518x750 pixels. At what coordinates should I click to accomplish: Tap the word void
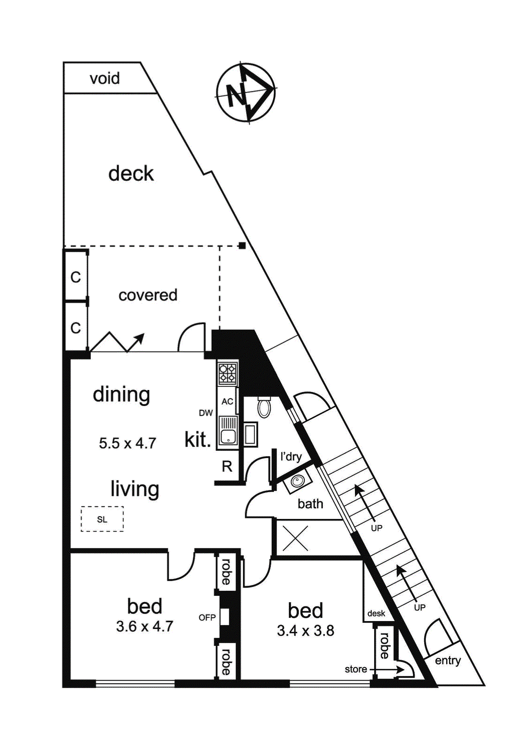point(105,78)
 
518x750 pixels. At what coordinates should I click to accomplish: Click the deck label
point(131,173)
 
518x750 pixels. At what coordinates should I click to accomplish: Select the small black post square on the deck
point(242,245)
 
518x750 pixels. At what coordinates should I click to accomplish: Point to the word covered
point(148,295)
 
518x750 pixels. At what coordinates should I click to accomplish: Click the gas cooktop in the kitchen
point(227,374)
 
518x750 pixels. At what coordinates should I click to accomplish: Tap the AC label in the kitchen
point(227,402)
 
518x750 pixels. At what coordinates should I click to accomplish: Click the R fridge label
point(227,466)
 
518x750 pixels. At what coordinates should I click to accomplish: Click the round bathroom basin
point(298,481)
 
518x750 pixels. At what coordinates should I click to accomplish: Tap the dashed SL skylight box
point(102,519)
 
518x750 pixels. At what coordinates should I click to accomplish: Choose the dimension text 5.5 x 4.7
point(127,443)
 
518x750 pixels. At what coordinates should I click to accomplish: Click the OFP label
point(207,618)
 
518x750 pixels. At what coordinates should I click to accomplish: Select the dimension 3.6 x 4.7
point(144,626)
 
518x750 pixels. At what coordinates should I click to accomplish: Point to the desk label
point(376,614)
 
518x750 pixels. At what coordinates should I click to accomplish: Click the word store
point(356,669)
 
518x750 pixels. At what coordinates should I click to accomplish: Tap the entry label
point(448,660)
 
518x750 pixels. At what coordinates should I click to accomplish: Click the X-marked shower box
point(295,538)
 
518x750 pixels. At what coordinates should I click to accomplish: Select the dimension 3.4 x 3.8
point(305,631)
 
